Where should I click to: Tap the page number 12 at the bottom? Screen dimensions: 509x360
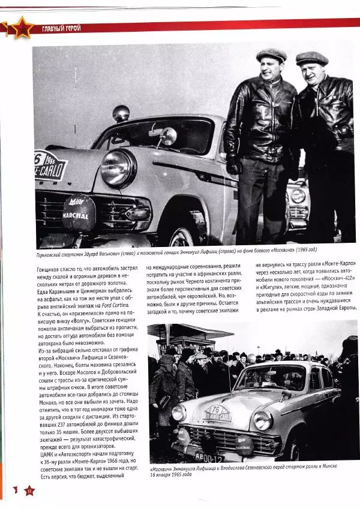28,490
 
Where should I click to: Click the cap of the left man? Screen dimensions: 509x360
271,55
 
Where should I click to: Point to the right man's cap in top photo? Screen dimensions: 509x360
311,58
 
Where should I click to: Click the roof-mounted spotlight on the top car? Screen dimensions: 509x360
121,113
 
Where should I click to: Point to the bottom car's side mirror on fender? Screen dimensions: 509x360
287,395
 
